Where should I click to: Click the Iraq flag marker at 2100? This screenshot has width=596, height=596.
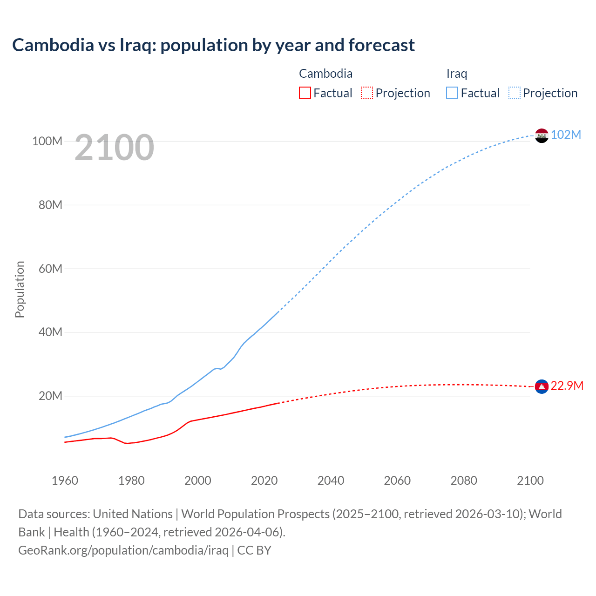(x=542, y=135)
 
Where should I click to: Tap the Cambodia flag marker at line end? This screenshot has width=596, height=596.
(x=542, y=386)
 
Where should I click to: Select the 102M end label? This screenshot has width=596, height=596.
(x=566, y=135)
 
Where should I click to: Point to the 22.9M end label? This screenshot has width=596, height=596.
(x=567, y=386)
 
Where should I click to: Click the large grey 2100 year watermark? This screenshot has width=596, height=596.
(x=114, y=148)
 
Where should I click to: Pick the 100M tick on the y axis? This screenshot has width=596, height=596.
(x=47, y=141)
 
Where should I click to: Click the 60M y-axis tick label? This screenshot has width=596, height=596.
(x=50, y=269)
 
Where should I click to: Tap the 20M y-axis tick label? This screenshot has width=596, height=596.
(x=50, y=396)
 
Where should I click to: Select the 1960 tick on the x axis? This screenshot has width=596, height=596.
(x=65, y=481)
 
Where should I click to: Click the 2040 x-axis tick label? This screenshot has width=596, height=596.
(x=331, y=481)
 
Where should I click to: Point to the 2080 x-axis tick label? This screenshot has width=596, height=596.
(x=464, y=481)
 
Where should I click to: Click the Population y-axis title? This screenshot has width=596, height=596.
(x=20, y=289)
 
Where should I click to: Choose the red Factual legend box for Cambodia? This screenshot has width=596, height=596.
(x=305, y=93)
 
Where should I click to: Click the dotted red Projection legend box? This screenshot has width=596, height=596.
(x=367, y=93)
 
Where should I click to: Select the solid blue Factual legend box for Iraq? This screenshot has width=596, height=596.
(x=452, y=93)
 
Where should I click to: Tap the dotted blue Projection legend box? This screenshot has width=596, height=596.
(x=515, y=93)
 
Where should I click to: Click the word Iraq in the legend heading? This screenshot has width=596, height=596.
(x=456, y=74)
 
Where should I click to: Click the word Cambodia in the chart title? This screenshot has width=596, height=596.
(x=53, y=45)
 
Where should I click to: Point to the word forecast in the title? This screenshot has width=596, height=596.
(x=381, y=45)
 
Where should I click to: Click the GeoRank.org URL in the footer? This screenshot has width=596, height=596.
(x=123, y=550)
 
